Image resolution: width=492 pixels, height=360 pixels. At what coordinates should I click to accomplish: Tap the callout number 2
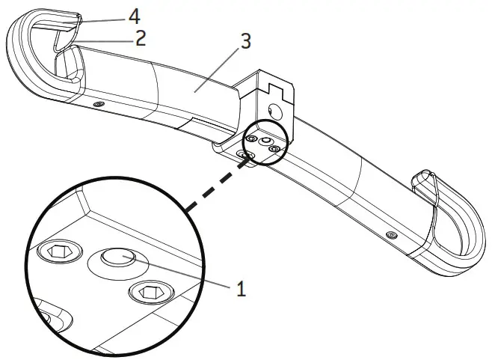point(140,38)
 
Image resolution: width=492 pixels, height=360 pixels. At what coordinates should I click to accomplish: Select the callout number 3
point(245,41)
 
